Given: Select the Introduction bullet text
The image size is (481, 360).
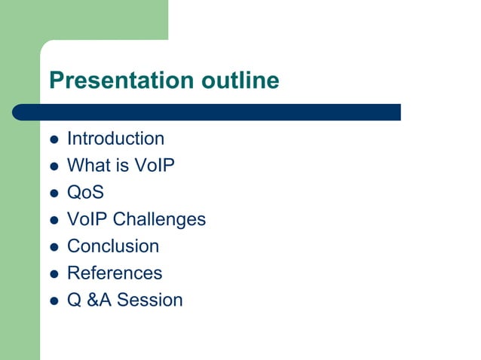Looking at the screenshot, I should [x=115, y=139].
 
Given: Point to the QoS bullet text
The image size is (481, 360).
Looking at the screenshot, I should [x=85, y=192].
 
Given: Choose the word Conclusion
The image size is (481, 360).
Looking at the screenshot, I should [x=113, y=246].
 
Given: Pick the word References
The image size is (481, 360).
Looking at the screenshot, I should [x=115, y=273].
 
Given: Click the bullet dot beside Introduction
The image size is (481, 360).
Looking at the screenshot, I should [x=54, y=139].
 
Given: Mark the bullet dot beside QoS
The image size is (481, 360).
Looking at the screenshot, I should [x=54, y=193].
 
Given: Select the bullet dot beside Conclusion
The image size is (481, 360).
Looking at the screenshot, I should [x=54, y=247].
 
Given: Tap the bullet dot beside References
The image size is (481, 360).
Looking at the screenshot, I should [x=54, y=273].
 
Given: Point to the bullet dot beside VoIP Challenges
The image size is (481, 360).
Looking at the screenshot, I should [x=54, y=220].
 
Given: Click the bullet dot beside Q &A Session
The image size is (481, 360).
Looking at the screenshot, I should [x=54, y=301].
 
